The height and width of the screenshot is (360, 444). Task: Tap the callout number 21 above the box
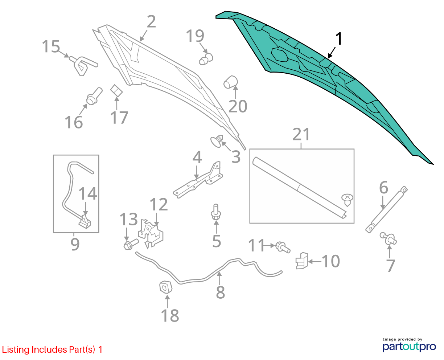click(x=301, y=134)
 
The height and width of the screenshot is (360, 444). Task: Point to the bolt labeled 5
click(x=216, y=212)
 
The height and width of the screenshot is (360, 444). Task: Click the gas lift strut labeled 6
click(x=386, y=209)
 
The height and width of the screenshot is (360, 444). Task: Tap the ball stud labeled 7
click(x=388, y=238)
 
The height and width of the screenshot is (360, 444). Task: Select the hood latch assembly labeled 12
click(x=151, y=234)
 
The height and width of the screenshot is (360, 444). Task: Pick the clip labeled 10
click(x=302, y=261)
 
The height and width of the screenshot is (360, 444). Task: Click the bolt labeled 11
click(x=283, y=247)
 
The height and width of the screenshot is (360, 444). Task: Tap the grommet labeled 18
click(x=166, y=287)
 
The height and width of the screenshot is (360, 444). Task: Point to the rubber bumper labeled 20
click(x=231, y=82)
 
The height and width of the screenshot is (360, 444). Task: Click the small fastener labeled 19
click(x=206, y=59)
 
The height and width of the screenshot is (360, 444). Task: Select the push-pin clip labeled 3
click(x=217, y=141)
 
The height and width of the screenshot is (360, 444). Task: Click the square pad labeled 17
click(x=116, y=90)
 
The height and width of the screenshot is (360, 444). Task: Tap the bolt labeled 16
click(x=94, y=97)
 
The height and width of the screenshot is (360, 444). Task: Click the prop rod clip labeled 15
click(x=83, y=65)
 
